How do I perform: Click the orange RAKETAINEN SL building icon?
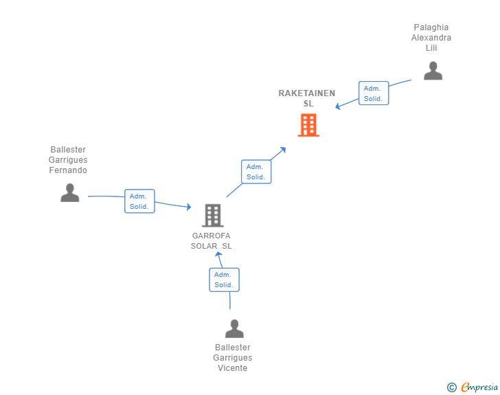click(308, 125)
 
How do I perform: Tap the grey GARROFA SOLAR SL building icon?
click(213, 216)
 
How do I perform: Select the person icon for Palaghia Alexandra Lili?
click(433, 71)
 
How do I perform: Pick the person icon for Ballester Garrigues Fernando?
click(70, 193)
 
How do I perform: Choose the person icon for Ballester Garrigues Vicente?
click(234, 328)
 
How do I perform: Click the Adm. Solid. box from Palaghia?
click(374, 93)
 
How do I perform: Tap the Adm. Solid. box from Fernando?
click(139, 201)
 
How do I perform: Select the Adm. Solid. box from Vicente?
click(224, 280)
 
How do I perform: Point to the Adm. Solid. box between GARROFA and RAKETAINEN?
click(256, 172)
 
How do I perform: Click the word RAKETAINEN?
click(307, 93)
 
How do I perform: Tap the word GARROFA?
click(211, 236)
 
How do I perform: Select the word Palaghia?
click(431, 27)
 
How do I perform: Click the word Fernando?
click(68, 170)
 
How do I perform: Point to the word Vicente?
click(232, 368)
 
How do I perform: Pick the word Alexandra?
click(431, 38)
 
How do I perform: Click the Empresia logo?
click(479, 387)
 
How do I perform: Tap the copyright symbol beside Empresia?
click(452, 387)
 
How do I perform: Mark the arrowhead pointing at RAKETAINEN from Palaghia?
click(338, 106)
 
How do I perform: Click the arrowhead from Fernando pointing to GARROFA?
click(189, 207)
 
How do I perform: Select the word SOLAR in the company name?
click(204, 246)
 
